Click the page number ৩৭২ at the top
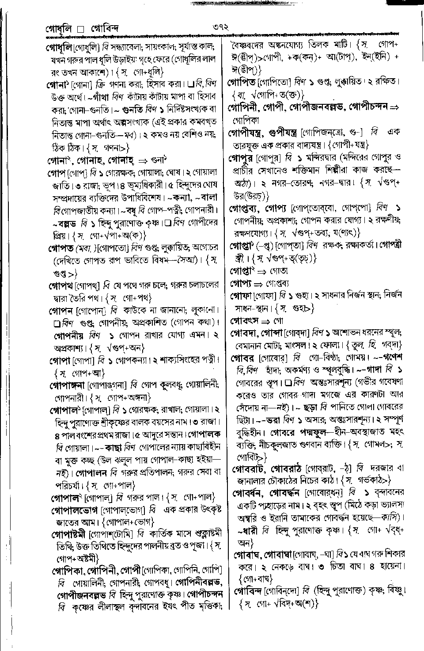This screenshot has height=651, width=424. (x=219, y=27)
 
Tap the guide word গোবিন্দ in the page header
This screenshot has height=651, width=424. (x=105, y=29)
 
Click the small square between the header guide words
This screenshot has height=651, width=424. (x=80, y=30)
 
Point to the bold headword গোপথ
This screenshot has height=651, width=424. (x=61, y=286)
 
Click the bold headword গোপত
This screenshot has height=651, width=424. (x=61, y=248)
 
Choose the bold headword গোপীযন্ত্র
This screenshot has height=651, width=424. (x=245, y=132)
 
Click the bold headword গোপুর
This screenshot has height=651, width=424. (x=241, y=157)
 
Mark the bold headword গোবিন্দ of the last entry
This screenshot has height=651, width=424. (x=248, y=591)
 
